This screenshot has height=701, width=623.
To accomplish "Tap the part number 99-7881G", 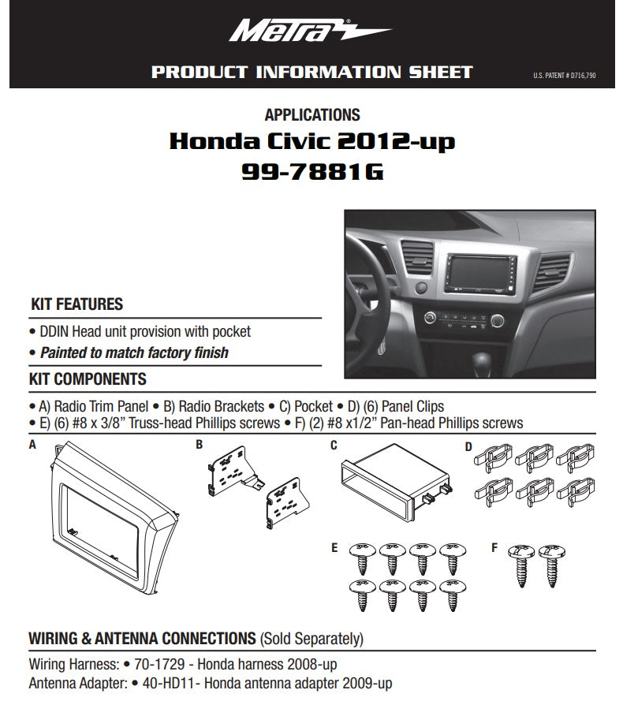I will pyautogui.click(x=312, y=171).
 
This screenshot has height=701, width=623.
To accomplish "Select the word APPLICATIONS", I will pyautogui.click(x=312, y=115).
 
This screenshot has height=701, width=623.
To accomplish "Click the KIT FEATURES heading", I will pyautogui.click(x=76, y=304).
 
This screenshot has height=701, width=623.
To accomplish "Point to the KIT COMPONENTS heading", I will pyautogui.click(x=88, y=379).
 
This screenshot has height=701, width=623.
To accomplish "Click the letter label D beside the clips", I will pyautogui.click(x=468, y=447).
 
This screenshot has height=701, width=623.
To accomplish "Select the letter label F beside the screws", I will pyautogui.click(x=494, y=546).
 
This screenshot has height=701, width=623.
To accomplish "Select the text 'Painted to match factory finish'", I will pyautogui.click(x=134, y=352).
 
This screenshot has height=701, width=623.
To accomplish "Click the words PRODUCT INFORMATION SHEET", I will pyautogui.click(x=311, y=73).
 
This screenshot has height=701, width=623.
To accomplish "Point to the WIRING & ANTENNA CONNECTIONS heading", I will pyautogui.click(x=142, y=637).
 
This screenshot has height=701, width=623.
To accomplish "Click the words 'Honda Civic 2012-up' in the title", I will pyautogui.click(x=312, y=143).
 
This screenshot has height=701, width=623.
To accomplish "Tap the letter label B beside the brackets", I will pyautogui.click(x=200, y=445).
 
